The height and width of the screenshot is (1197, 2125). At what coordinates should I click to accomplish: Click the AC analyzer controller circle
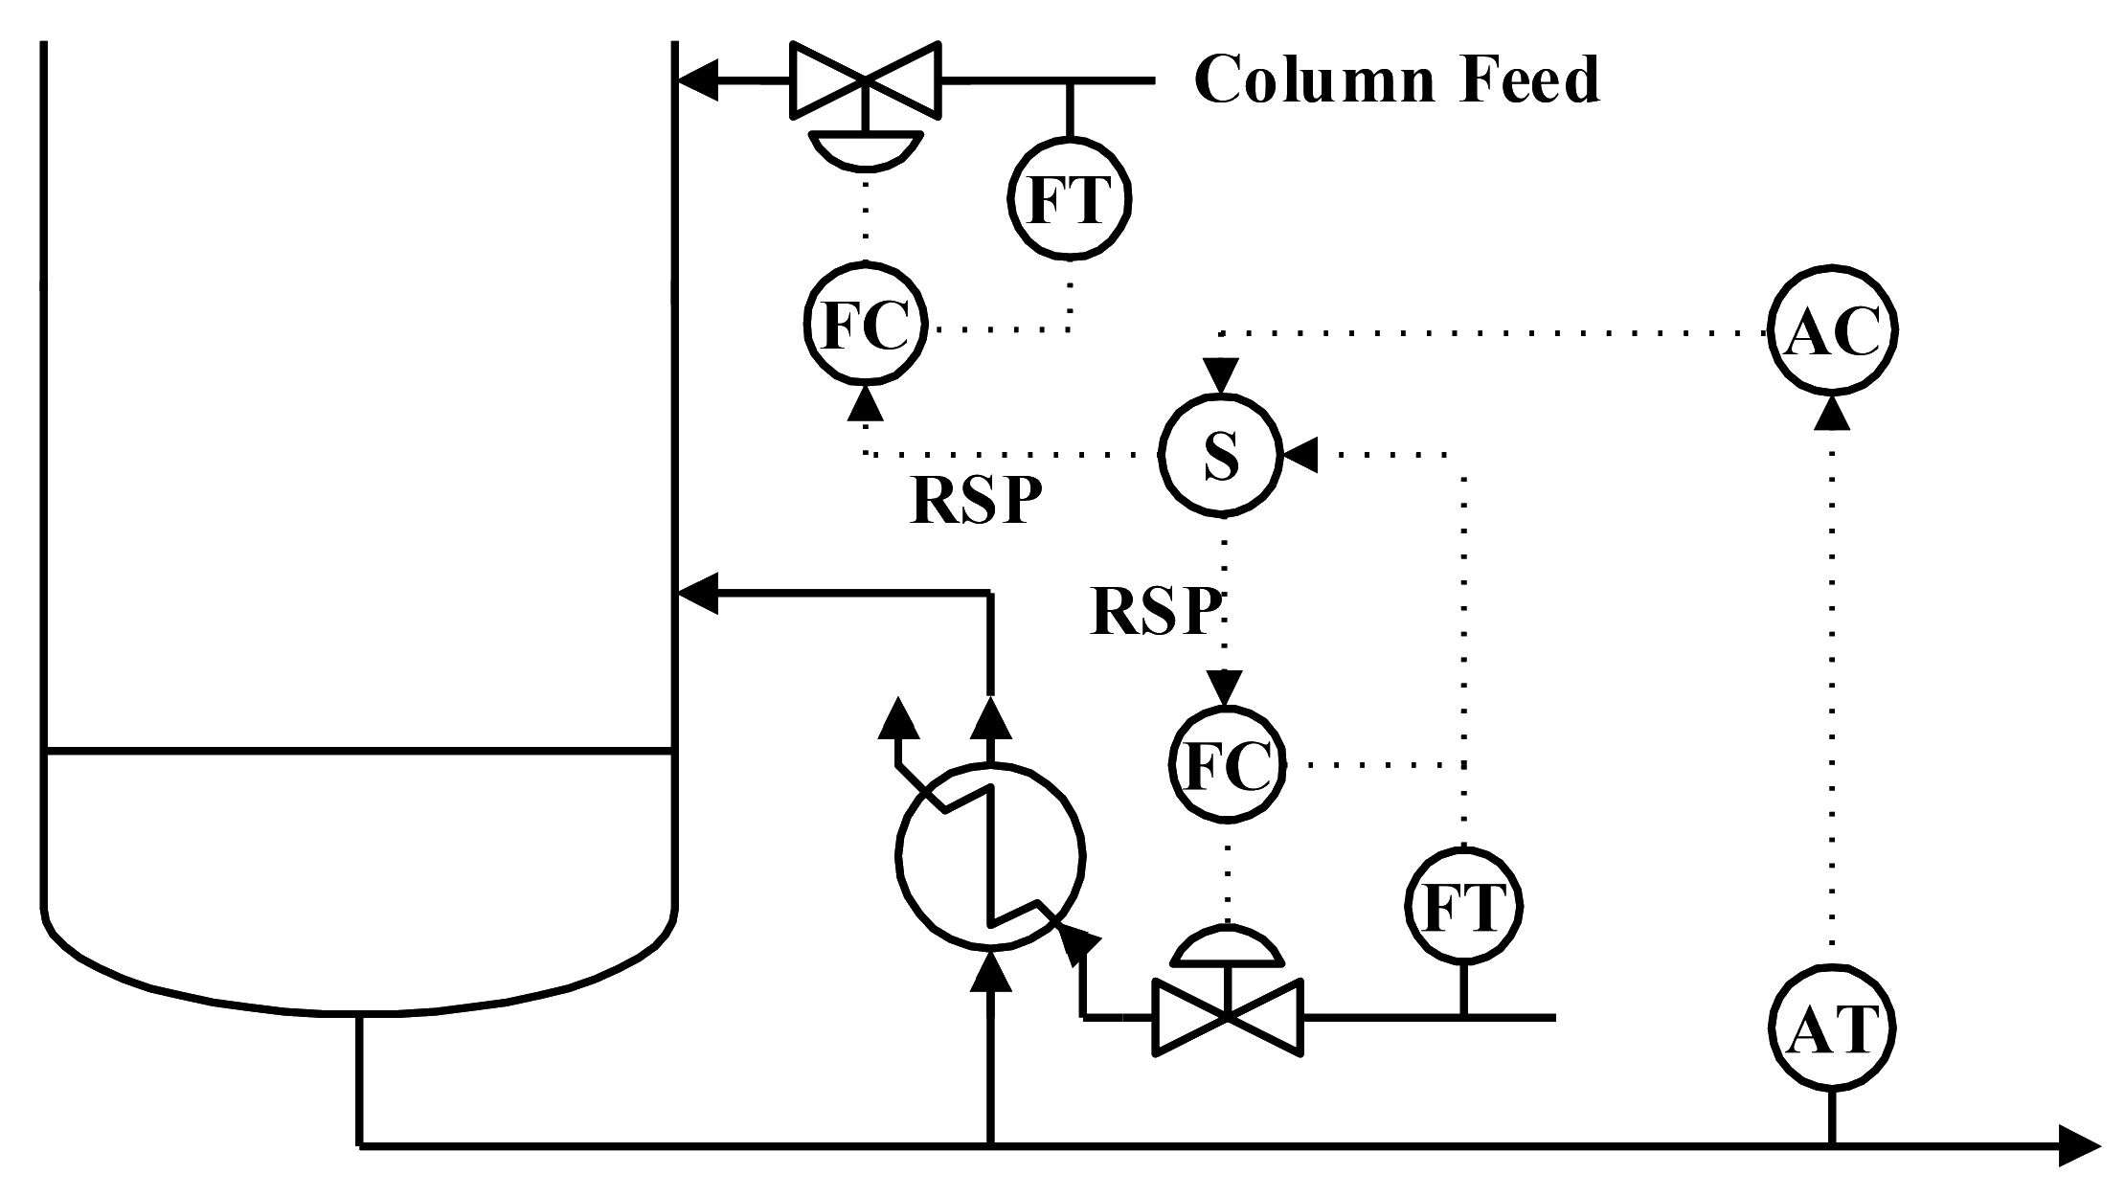(x=1831, y=331)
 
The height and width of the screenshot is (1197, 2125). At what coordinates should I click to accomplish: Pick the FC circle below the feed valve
(x=866, y=327)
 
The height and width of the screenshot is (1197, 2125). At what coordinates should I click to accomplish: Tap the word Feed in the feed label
(x=1532, y=80)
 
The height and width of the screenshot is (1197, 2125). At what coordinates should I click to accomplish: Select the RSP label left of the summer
(x=974, y=500)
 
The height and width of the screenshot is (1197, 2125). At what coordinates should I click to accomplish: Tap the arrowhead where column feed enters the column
(x=697, y=82)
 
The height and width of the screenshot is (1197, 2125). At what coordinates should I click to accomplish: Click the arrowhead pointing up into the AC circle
(x=1831, y=412)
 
